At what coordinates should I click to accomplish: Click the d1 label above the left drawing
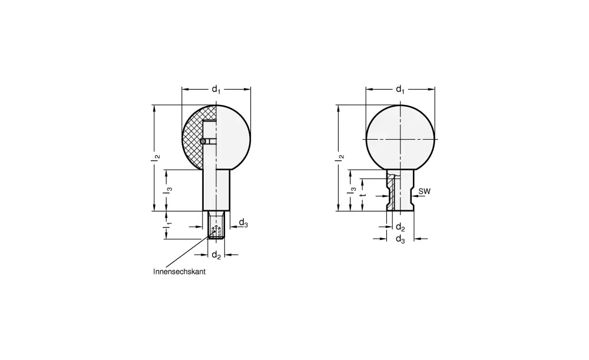point(216,90)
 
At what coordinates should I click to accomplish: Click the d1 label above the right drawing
point(400,90)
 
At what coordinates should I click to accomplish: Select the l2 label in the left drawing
point(154,157)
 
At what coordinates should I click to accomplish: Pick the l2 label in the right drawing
point(339,157)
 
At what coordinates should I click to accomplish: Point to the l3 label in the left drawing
point(168,190)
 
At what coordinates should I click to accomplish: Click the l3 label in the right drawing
point(352,190)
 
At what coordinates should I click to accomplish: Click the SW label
point(423,192)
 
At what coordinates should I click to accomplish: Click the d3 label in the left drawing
point(243,223)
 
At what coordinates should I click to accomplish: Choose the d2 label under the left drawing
point(216,255)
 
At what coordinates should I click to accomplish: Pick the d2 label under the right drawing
point(400,227)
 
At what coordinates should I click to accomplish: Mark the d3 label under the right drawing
point(400,239)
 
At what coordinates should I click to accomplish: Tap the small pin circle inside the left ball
point(203,141)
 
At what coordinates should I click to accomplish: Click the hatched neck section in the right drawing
point(390,191)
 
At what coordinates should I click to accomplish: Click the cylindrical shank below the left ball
point(216,189)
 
